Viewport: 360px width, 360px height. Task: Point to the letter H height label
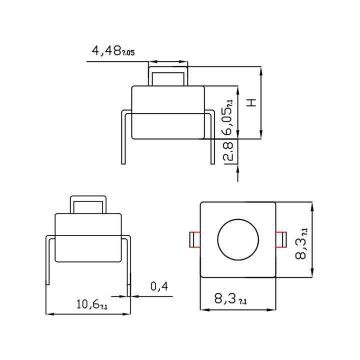(x=252, y=102)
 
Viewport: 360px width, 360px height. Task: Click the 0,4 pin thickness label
(x=158, y=286)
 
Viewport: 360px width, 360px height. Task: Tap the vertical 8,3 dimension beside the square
(x=301, y=242)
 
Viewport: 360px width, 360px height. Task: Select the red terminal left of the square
(x=194, y=240)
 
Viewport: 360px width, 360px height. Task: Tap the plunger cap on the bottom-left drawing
(x=88, y=204)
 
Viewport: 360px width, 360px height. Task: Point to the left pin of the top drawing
(x=123, y=140)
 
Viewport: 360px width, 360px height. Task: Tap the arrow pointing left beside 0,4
(x=136, y=296)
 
